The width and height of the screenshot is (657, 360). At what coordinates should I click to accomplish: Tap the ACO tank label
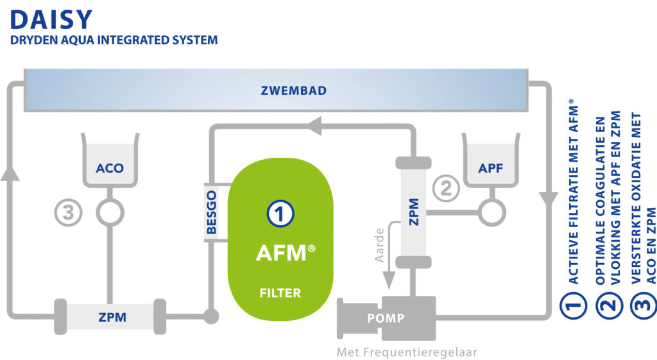click(x=110, y=169)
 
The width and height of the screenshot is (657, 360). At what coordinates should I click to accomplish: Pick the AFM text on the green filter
click(x=280, y=253)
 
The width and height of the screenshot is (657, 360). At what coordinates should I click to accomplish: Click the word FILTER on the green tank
click(x=280, y=293)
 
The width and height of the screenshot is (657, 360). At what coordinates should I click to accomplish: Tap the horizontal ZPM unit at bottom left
click(x=111, y=317)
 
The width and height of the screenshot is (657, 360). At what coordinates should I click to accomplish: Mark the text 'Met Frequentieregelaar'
click(x=407, y=352)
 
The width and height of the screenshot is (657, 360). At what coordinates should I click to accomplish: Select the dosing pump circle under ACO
click(x=110, y=212)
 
